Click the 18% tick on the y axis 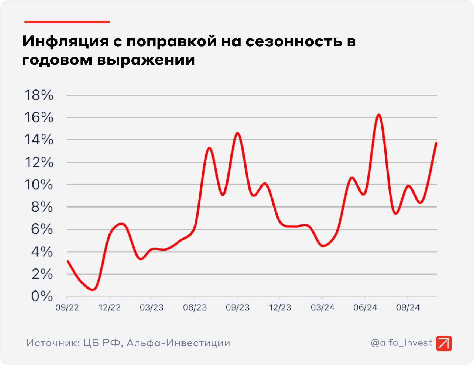point(39,95)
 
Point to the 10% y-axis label point(39,185)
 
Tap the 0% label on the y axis point(42,296)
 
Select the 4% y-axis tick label point(42,252)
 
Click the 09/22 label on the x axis point(67,308)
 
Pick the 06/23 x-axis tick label point(195,308)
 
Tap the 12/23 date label point(280,308)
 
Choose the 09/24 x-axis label point(408,308)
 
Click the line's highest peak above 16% point(379,115)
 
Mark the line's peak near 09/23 point(238,133)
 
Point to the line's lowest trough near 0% point(93,290)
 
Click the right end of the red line point(436,143)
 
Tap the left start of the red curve point(68,261)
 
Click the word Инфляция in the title point(65,41)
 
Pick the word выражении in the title point(146,60)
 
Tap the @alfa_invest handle point(401,343)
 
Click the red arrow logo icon point(444,343)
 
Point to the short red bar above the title point(67,21)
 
